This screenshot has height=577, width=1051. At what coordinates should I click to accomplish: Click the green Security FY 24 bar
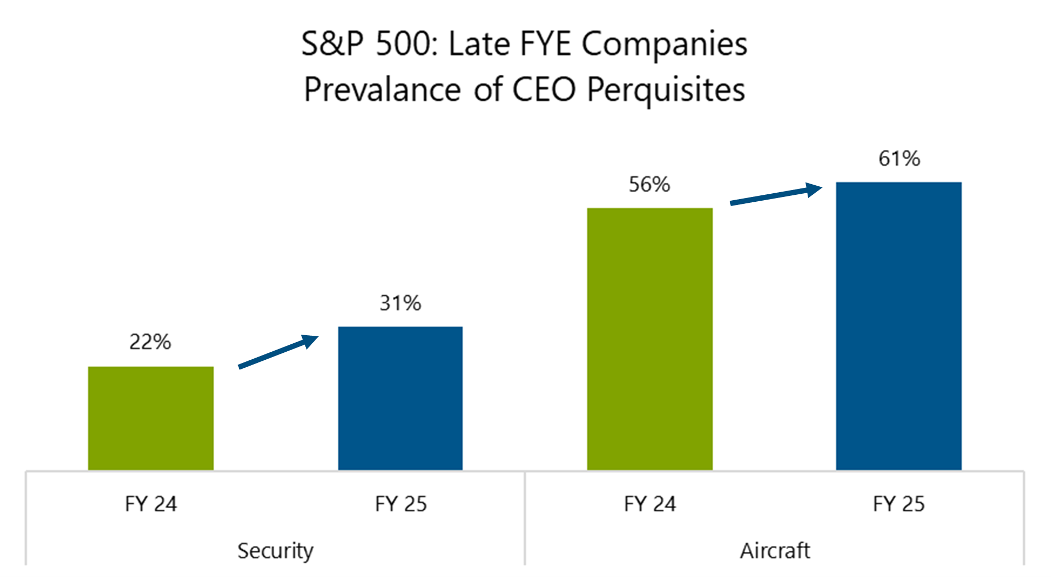click(x=151, y=418)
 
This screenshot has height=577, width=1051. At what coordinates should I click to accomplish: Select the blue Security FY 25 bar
click(x=400, y=398)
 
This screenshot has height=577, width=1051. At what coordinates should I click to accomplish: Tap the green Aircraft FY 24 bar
click(x=650, y=339)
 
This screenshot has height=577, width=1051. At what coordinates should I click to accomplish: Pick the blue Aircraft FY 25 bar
click(x=898, y=326)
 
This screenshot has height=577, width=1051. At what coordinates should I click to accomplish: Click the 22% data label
click(x=150, y=342)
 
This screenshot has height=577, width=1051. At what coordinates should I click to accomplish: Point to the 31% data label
click(x=400, y=303)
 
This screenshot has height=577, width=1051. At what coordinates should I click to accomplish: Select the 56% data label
click(x=649, y=185)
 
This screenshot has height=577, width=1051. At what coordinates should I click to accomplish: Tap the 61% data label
click(x=899, y=159)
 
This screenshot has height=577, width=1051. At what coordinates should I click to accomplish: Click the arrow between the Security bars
click(x=278, y=352)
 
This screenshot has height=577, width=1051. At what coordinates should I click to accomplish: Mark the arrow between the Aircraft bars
click(x=776, y=195)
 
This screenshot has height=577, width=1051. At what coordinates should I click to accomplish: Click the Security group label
click(x=275, y=550)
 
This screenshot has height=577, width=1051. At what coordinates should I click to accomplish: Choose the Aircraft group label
click(x=775, y=550)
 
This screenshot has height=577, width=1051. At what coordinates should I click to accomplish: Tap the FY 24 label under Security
click(x=151, y=504)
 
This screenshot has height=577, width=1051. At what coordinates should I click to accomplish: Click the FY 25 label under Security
click(x=400, y=504)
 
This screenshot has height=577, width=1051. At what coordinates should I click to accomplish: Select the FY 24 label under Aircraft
click(x=650, y=504)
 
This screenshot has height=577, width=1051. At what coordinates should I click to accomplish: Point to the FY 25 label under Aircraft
click(x=898, y=504)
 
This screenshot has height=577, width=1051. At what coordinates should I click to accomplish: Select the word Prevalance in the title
click(x=382, y=90)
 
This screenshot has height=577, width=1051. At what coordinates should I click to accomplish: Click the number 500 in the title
click(x=406, y=44)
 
